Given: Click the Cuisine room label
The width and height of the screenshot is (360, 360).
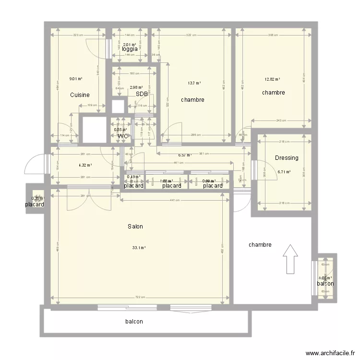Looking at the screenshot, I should [80, 95].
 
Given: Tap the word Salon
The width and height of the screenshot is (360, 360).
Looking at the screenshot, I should [135, 227].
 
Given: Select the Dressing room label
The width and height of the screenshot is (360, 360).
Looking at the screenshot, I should [287, 158].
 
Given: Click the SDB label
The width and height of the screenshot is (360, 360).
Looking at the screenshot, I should [142, 94].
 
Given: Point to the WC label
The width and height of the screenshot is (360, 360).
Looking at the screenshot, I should [123, 136].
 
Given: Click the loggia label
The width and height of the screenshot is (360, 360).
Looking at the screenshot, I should [130, 49].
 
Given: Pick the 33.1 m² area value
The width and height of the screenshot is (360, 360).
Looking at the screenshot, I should [139, 248].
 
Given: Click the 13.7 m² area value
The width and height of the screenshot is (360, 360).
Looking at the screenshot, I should [194, 83].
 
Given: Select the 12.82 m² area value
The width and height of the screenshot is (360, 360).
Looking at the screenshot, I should [273, 80].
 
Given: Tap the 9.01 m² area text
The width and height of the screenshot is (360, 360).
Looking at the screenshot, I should [76, 79].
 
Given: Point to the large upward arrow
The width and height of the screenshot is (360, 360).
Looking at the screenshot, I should [290, 259].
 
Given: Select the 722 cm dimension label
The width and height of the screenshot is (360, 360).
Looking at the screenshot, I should [139, 298].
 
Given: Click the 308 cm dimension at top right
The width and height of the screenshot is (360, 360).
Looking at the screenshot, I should [273, 35].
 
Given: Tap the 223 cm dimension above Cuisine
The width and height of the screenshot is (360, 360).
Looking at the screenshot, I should [77, 35].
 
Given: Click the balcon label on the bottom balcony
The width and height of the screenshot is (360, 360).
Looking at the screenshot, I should [134, 322].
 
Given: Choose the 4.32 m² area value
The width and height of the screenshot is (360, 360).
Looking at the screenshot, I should [85, 165].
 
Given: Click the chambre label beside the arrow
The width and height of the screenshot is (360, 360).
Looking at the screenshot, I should [260, 245].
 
